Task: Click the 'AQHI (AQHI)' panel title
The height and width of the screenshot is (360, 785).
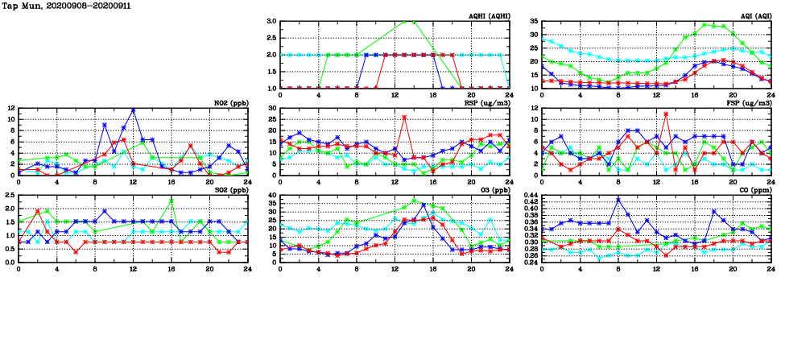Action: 488,15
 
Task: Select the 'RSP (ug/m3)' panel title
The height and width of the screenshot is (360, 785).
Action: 488,102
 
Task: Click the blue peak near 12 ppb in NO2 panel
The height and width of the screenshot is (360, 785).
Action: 133,110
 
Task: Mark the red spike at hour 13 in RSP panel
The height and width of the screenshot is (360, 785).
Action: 404,118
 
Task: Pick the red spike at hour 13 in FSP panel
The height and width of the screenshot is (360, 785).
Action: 666,114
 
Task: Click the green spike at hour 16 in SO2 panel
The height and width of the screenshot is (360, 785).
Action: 171,201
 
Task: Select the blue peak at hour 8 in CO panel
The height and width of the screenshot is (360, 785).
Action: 618,200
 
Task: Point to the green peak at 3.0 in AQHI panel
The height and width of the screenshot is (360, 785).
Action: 413,22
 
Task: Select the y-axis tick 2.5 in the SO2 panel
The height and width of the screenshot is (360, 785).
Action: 8,196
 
